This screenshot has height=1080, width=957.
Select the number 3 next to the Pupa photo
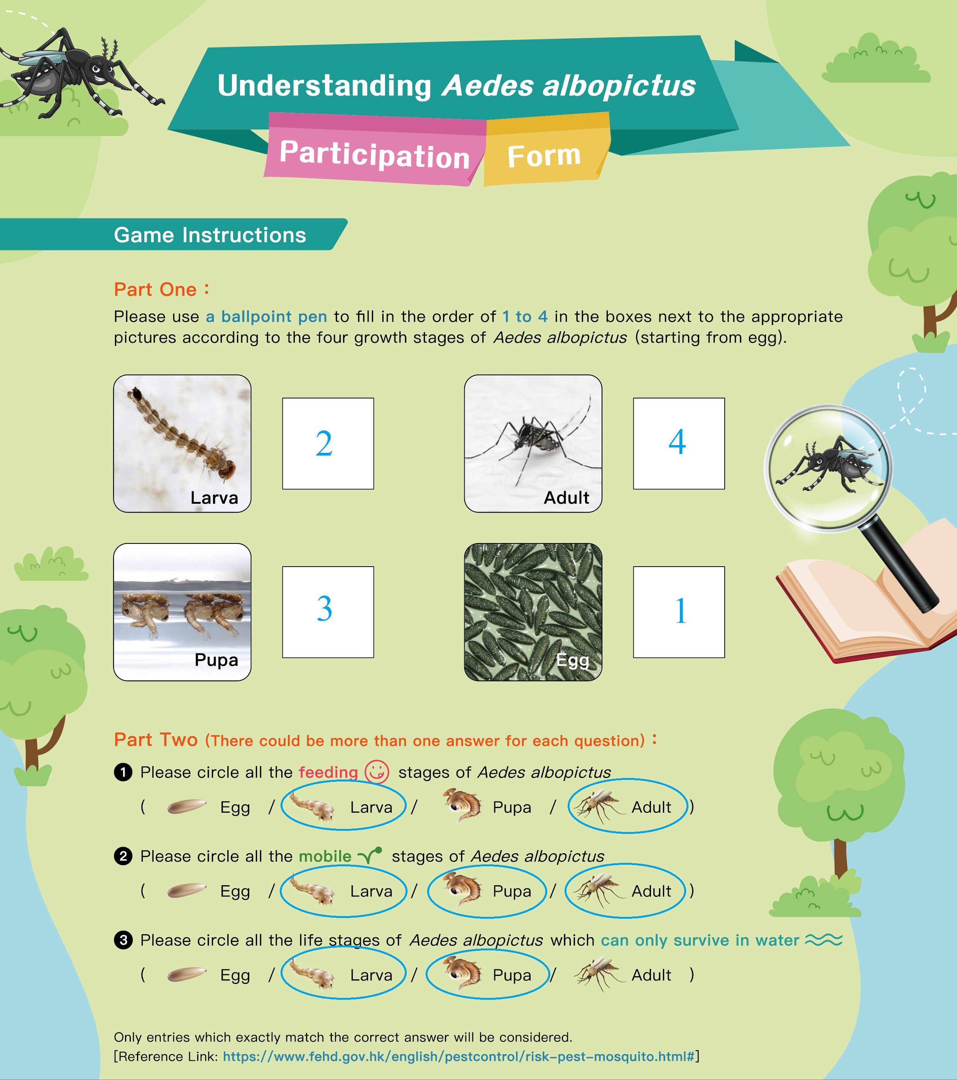tap(325, 608)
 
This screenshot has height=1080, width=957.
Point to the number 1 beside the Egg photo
tap(680, 611)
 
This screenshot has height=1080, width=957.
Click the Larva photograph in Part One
tap(183, 443)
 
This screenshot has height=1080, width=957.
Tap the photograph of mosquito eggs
tap(533, 612)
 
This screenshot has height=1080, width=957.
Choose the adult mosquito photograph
tap(533, 443)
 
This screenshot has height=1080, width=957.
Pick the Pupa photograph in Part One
tap(183, 612)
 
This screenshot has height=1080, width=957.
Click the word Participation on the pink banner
tap(374, 154)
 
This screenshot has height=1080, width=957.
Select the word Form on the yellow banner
tap(544, 156)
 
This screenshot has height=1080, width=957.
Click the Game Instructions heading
tap(210, 235)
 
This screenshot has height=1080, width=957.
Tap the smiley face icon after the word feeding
tap(377, 772)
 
